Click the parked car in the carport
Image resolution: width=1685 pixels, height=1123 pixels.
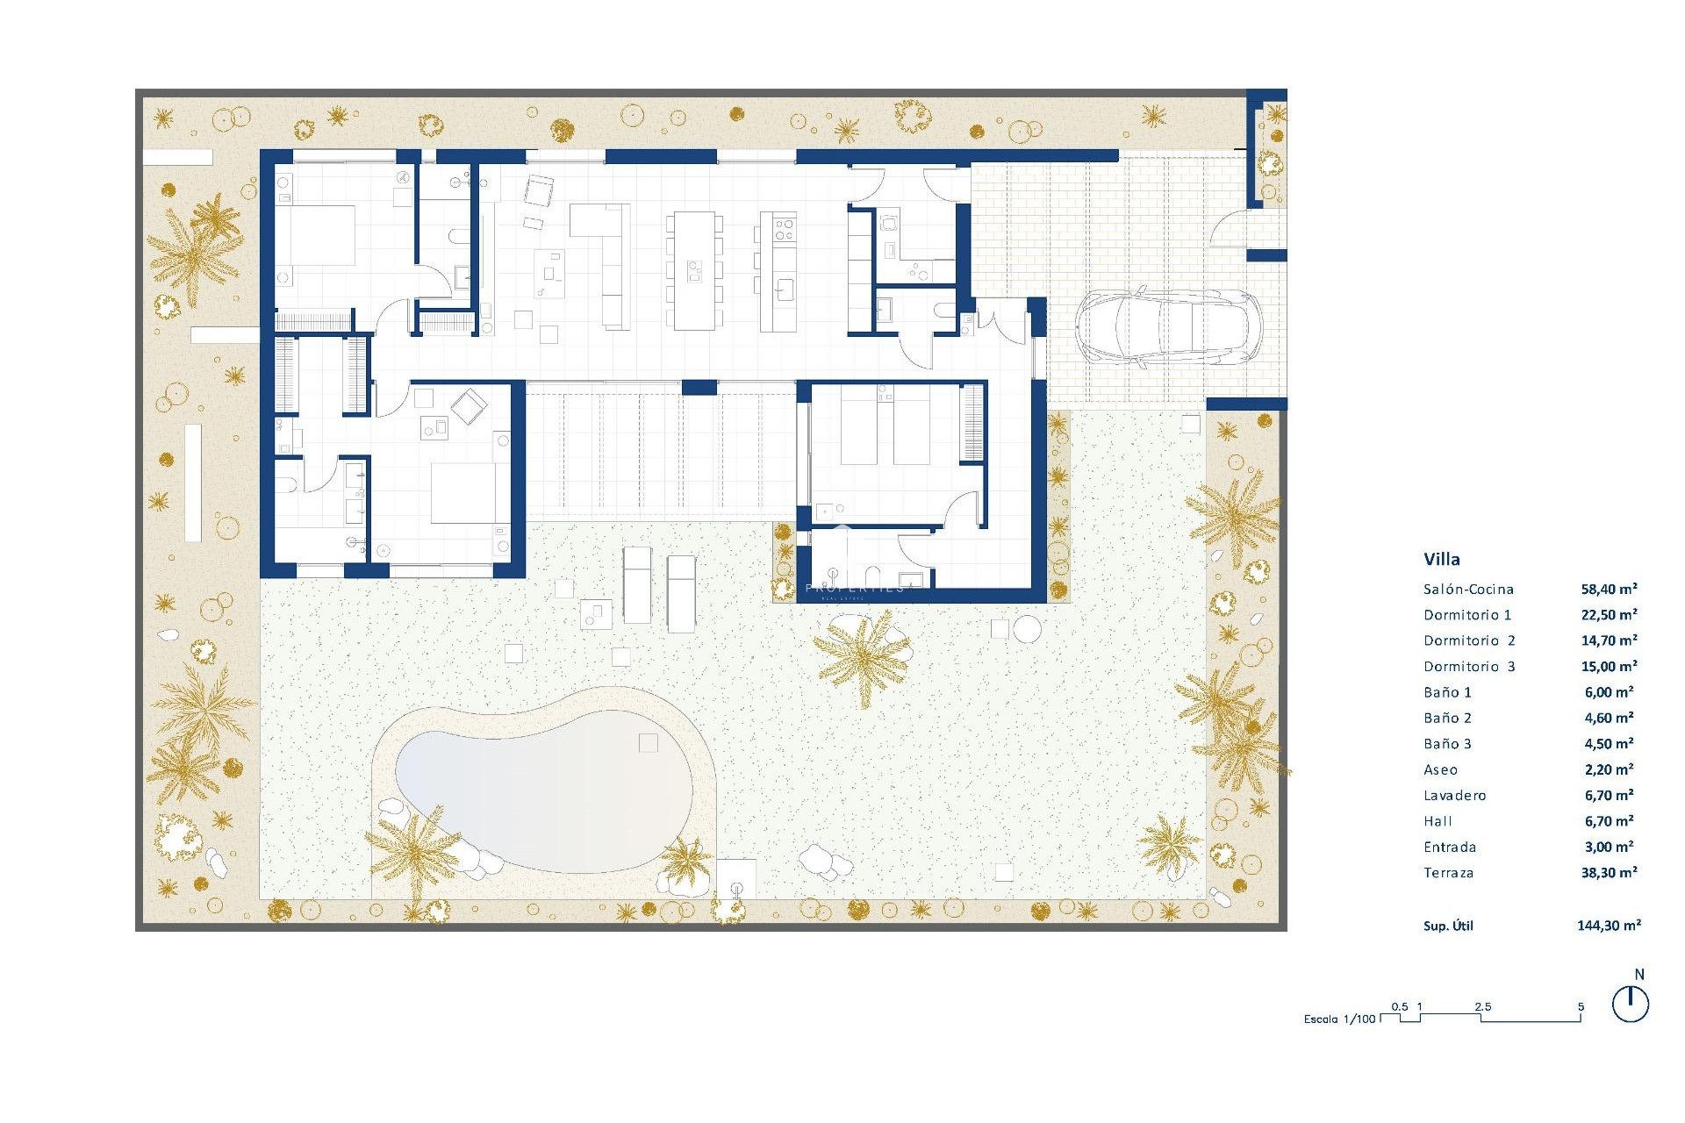tap(1168, 326)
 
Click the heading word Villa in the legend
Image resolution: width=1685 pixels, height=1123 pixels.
tap(1442, 559)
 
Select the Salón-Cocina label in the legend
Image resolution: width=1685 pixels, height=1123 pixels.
tap(1468, 590)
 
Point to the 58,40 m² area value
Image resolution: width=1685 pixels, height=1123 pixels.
tap(1609, 590)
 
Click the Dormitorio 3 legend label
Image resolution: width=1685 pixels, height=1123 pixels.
tap(1469, 667)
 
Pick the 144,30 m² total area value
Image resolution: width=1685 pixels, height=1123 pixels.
tap(1609, 925)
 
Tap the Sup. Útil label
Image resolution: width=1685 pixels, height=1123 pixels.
tap(1448, 926)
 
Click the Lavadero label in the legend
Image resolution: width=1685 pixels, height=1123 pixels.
tap(1455, 796)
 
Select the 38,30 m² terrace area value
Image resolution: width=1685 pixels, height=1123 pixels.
tap(1609, 873)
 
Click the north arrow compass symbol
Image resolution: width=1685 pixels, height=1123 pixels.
tap(1631, 1005)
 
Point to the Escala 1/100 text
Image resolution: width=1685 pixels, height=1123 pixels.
tap(1340, 1019)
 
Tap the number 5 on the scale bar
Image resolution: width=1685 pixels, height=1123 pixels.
tap(1581, 1007)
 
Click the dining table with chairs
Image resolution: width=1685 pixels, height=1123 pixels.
tap(694, 270)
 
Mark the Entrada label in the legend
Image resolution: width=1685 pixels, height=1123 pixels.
tap(1450, 848)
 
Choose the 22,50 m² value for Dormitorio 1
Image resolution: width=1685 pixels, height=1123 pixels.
tap(1609, 615)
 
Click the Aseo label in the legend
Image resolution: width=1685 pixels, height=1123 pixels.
tap(1440, 770)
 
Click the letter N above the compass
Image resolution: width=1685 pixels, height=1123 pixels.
tap(1639, 975)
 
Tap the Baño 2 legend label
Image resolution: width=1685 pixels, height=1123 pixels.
tap(1447, 719)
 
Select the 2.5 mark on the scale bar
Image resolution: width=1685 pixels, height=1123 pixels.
tap(1483, 1007)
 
